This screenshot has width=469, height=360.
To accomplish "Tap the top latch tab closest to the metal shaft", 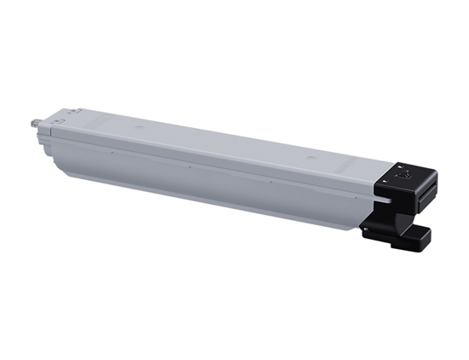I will pyautogui.click(x=67, y=112).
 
